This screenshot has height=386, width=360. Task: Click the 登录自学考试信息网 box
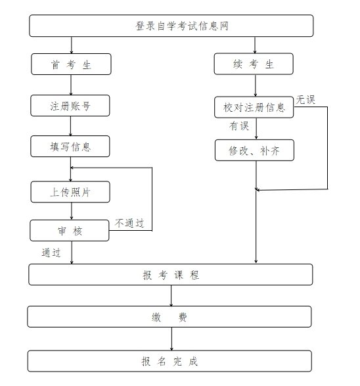(x=171, y=26)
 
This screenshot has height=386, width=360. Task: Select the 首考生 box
(x=71, y=64)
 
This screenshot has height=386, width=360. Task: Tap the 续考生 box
(x=254, y=64)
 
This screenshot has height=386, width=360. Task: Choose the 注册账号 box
(x=70, y=106)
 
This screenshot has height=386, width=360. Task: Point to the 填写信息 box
(x=70, y=146)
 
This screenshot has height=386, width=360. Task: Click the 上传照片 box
(x=70, y=192)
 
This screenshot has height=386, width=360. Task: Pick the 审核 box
(x=70, y=230)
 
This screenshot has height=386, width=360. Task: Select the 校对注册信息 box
(x=254, y=107)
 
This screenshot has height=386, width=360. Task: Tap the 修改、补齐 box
(x=254, y=150)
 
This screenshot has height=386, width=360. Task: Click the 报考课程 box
(x=171, y=274)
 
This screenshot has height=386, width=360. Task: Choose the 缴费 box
(x=169, y=316)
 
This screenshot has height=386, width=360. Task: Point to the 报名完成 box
(x=169, y=361)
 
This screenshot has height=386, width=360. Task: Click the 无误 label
(x=305, y=100)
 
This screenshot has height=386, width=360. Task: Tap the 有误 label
(x=239, y=126)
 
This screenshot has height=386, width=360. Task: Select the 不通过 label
(x=129, y=223)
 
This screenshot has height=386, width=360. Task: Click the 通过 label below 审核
(x=51, y=253)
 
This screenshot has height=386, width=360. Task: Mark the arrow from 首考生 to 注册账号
(x=71, y=85)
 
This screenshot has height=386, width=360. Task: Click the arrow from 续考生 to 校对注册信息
(x=256, y=85)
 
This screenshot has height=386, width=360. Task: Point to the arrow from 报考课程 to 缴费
(x=171, y=296)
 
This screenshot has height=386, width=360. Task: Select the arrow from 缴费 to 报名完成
(x=171, y=339)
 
